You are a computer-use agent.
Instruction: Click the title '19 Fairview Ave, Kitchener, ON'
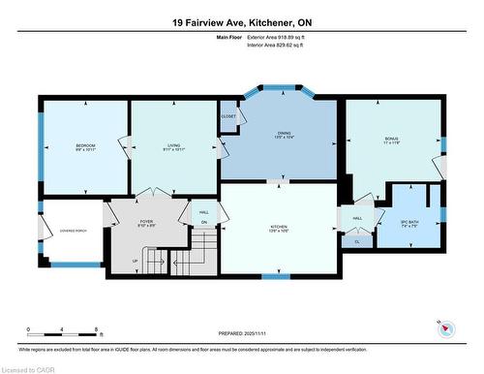[x=242, y=21]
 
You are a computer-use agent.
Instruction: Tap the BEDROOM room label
[x=84, y=147]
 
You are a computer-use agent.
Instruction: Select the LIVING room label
[x=174, y=147]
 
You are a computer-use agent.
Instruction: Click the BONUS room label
[x=391, y=141]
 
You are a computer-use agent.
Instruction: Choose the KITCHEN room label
[x=278, y=230]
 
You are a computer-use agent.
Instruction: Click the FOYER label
[x=146, y=223]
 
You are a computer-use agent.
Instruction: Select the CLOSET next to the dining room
[x=228, y=114]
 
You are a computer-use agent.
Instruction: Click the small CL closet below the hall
[x=356, y=240]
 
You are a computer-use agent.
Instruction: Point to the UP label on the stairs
[x=134, y=260]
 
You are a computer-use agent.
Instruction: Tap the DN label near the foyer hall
[x=204, y=225]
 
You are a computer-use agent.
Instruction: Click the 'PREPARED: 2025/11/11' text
[x=242, y=333]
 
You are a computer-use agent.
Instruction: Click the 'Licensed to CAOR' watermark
[x=27, y=368]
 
